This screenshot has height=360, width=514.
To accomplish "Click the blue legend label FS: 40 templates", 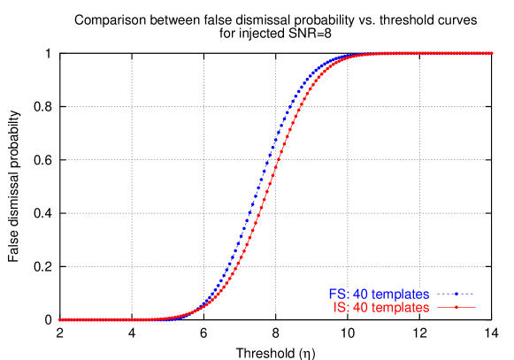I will coord(380,294).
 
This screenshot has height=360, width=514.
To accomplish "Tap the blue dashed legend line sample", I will coord(456,294).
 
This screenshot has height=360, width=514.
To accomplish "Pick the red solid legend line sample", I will coord(456,308).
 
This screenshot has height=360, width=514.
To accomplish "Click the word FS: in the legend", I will coord(339,294).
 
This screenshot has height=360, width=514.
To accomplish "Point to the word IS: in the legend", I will coord(341,308).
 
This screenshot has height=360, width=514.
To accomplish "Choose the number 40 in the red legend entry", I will coord(360,308).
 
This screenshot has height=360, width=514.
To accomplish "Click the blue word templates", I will coord(400,294).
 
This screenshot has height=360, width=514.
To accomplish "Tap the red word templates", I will coord(400,308).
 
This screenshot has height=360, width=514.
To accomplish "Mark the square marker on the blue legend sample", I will coord(456,294).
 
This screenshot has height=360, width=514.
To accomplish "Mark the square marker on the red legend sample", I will coord(456,308).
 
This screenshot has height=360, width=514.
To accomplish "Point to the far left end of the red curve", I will coord(60,319).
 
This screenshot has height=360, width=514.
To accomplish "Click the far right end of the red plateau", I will coord(491,53).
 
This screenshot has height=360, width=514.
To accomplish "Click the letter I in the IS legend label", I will coord(335,308).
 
